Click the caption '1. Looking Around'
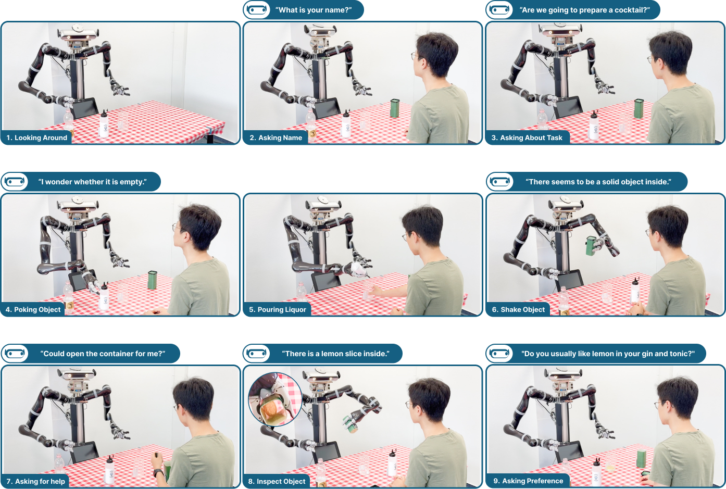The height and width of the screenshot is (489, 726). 36,137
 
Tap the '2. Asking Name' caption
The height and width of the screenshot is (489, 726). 276,137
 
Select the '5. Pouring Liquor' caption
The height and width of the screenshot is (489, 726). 278,309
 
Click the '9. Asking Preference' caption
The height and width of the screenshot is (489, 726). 528,481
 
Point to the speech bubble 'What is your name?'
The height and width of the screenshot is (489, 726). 303,10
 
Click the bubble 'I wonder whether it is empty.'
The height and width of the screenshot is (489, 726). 81,182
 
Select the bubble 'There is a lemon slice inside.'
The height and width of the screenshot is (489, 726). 322,354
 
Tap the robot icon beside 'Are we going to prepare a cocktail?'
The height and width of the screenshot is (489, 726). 499,10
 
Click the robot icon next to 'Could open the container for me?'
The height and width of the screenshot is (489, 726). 15,354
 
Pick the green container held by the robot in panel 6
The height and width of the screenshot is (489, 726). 592,246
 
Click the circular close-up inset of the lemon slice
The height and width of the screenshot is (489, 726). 275,399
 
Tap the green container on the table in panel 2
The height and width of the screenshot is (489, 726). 395,108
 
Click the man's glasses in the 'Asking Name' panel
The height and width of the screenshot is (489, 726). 415,56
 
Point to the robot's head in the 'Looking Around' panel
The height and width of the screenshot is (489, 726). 78,33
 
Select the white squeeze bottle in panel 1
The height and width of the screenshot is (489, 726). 104,124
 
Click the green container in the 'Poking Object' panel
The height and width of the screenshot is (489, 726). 152,280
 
